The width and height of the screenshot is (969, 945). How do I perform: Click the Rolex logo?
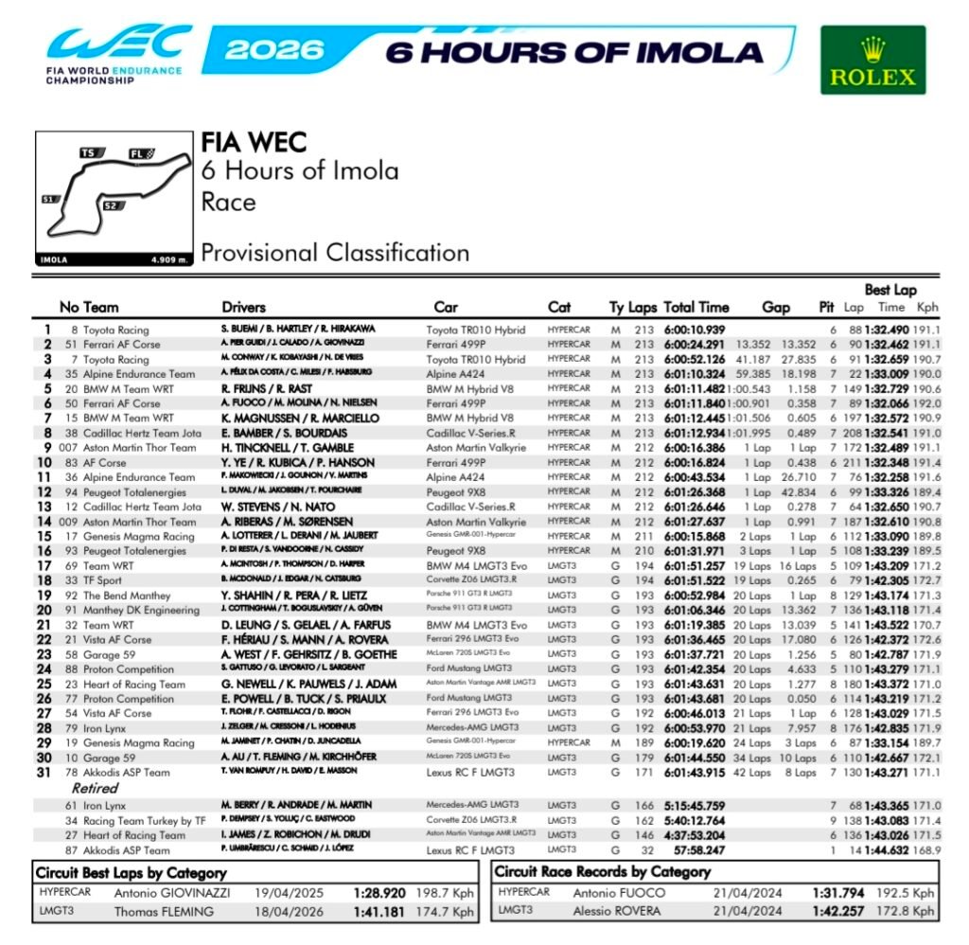872,60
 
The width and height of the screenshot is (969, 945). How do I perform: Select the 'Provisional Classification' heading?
335,253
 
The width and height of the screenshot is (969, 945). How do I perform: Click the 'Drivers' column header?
244,307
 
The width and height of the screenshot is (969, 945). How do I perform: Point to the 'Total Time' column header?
696,307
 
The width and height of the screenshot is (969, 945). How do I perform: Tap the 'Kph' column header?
927,307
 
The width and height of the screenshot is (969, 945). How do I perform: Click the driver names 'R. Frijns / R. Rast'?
267,388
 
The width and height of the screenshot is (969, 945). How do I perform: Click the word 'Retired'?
95,788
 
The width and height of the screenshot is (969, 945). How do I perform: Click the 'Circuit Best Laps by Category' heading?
132,872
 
